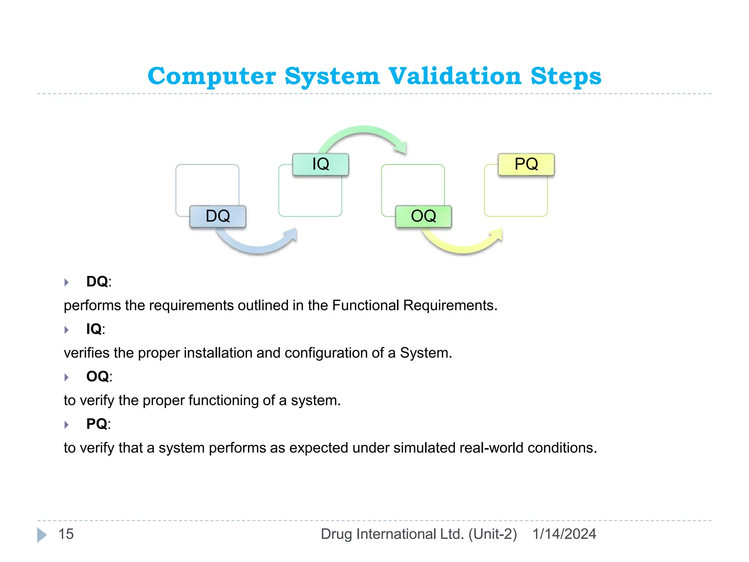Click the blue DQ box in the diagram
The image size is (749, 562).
click(218, 216)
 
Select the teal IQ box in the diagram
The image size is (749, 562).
click(320, 164)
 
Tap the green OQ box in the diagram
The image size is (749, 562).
click(423, 216)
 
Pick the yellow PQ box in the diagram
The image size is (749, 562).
click(526, 164)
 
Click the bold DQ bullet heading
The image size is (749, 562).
click(97, 282)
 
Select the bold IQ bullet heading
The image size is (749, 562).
click(94, 329)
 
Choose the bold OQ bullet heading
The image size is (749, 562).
click(98, 376)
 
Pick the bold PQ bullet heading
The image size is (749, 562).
click(97, 424)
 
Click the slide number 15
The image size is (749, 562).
click(66, 534)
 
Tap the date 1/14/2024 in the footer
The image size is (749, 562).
click(564, 534)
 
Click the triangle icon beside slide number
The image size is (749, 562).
click(42, 535)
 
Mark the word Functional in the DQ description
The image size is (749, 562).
click(365, 306)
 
